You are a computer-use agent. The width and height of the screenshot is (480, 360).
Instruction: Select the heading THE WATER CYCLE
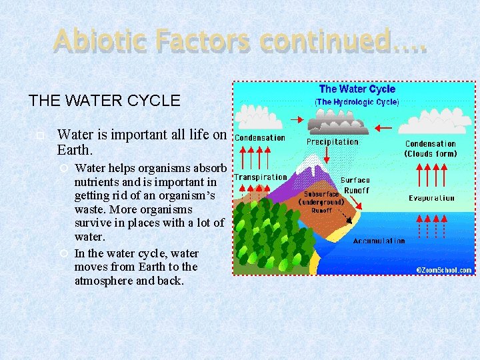click(104, 101)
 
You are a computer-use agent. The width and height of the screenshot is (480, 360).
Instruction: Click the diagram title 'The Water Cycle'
click(357, 89)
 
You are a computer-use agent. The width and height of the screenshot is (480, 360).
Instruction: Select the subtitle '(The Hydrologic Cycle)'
click(357, 102)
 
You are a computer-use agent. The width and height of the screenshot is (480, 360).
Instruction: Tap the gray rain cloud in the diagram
click(337, 125)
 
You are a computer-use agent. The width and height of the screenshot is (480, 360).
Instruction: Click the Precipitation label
click(332, 142)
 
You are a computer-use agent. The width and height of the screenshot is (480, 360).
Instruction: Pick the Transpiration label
click(260, 177)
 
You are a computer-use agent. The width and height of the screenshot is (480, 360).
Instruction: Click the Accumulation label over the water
click(379, 241)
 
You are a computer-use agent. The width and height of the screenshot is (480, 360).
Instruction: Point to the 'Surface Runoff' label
click(355, 185)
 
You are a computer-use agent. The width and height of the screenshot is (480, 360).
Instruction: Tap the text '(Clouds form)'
click(431, 154)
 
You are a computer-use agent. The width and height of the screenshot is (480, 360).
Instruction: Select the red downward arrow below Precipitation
click(327, 155)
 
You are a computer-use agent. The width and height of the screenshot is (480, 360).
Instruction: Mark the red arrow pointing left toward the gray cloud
click(385, 127)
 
